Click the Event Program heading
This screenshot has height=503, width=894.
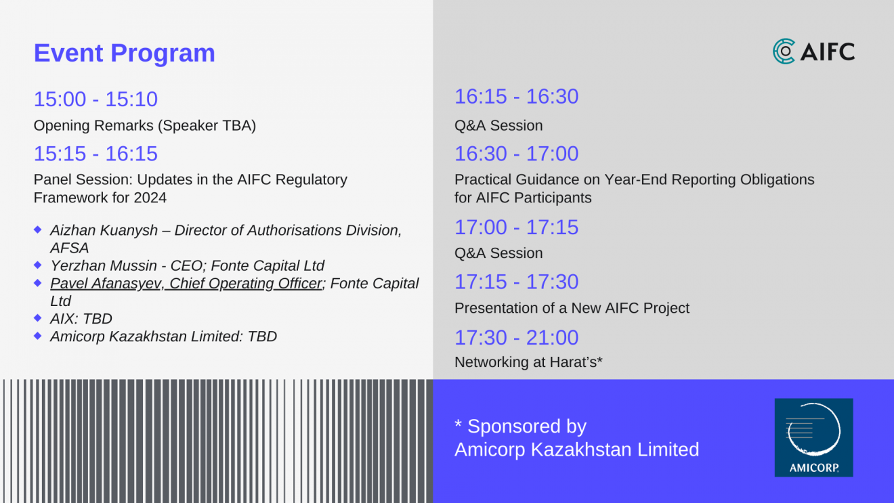click(x=124, y=53)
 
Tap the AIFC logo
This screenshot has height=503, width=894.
click(x=813, y=51)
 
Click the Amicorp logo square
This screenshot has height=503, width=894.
click(x=813, y=437)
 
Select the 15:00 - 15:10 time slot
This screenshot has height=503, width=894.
click(x=95, y=99)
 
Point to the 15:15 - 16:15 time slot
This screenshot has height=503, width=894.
click(x=95, y=154)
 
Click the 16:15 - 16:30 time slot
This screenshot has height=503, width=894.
click(x=517, y=97)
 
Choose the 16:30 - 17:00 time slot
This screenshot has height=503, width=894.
click(x=517, y=154)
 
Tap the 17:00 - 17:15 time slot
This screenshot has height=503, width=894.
click(x=517, y=227)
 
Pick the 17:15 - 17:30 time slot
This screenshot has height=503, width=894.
click(x=517, y=282)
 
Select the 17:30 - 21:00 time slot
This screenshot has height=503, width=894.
click(x=517, y=337)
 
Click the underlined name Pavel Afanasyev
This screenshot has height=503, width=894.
click(x=106, y=284)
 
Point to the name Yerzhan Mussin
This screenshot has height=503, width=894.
click(x=104, y=265)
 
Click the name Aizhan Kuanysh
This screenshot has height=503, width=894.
click(x=104, y=231)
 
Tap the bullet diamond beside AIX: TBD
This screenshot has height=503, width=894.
click(x=38, y=318)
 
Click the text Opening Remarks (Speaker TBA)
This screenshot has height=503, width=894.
click(x=144, y=126)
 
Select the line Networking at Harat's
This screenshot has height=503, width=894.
click(x=528, y=362)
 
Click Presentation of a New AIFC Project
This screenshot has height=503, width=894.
click(x=572, y=308)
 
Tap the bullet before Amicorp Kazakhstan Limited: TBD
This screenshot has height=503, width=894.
click(x=38, y=336)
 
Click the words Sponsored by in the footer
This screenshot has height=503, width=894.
click(x=527, y=427)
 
